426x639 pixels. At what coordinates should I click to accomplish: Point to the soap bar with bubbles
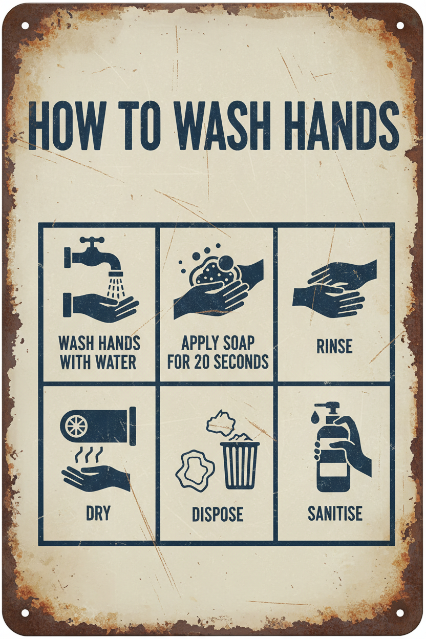pyautogui.click(x=211, y=268)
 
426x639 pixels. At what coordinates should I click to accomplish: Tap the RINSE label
pyautogui.click(x=334, y=346)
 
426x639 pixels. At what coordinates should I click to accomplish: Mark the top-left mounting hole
pyautogui.click(x=25, y=25)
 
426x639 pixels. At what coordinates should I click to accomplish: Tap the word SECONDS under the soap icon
pyautogui.click(x=241, y=361)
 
